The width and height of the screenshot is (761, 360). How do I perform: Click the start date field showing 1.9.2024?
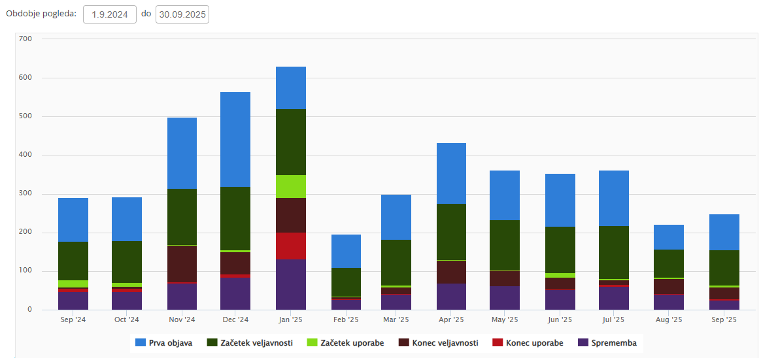click(x=109, y=14)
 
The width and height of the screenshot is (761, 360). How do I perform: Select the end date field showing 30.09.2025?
click(x=182, y=14)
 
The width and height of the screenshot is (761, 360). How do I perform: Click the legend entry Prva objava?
click(x=163, y=343)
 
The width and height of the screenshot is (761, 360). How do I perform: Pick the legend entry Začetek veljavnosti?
click(x=250, y=343)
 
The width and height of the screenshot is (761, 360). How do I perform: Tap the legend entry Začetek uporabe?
click(x=347, y=343)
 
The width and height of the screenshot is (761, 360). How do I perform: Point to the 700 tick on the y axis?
click(x=25, y=39)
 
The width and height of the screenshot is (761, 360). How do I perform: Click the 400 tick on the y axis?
click(x=25, y=155)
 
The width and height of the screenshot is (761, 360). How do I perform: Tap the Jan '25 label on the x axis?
click(x=291, y=320)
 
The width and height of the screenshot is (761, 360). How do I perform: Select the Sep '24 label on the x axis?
click(x=73, y=320)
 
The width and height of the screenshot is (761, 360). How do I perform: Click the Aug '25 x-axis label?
click(x=669, y=320)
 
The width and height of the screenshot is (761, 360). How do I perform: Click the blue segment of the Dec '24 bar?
click(x=235, y=139)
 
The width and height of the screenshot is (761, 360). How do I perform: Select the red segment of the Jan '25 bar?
click(x=291, y=246)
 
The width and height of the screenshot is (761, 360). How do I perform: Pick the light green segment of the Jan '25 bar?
click(x=291, y=186)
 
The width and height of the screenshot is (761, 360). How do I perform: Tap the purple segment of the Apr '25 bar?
click(x=451, y=296)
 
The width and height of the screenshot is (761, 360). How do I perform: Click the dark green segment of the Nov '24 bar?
click(x=182, y=217)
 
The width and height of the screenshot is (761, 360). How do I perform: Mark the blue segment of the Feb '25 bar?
click(x=346, y=251)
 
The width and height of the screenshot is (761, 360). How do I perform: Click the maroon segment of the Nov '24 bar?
click(x=182, y=263)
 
